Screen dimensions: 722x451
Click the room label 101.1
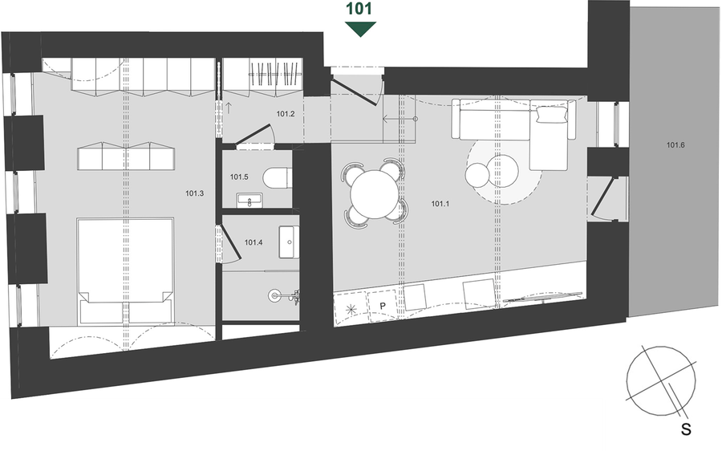(x=440, y=204)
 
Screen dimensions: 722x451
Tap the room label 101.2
(x=286, y=114)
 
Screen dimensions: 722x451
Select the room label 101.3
(x=194, y=193)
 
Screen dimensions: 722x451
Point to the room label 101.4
(x=254, y=242)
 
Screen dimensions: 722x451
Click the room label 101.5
(x=239, y=177)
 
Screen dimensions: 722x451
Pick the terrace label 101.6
(x=675, y=145)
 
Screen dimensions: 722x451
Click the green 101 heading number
(x=359, y=9)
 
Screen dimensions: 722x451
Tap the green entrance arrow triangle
(x=360, y=29)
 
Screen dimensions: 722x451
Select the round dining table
(x=373, y=194)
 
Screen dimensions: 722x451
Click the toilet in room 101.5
(x=278, y=178)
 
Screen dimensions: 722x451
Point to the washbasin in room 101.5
(x=249, y=201)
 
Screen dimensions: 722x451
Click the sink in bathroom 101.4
(x=289, y=242)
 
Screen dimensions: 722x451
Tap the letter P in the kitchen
(x=382, y=306)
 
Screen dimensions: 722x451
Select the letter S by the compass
(x=686, y=429)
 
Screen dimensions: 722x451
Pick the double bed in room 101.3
(x=125, y=271)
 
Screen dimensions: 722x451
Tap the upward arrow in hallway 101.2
(x=229, y=108)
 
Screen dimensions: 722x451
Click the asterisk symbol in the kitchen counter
(x=351, y=310)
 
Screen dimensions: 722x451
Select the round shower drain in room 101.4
(x=274, y=295)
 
